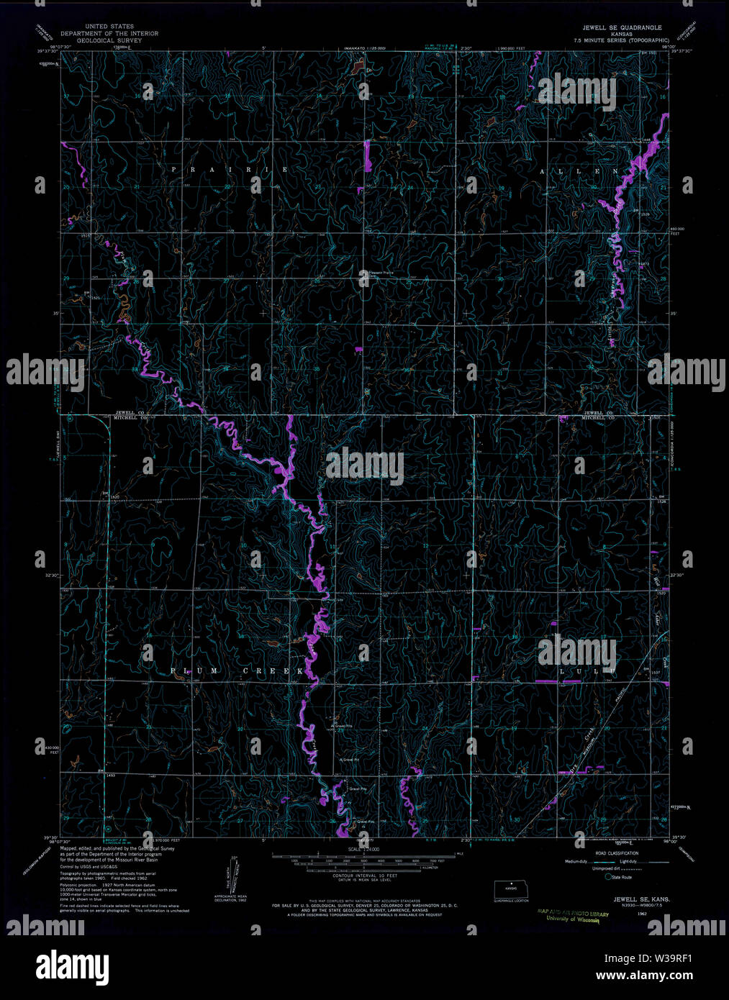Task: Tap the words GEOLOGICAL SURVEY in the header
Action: point(109,40)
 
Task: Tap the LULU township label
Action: point(587,671)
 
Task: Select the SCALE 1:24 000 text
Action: point(366,850)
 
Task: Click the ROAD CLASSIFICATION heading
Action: point(612,853)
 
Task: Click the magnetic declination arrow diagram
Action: point(233,874)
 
